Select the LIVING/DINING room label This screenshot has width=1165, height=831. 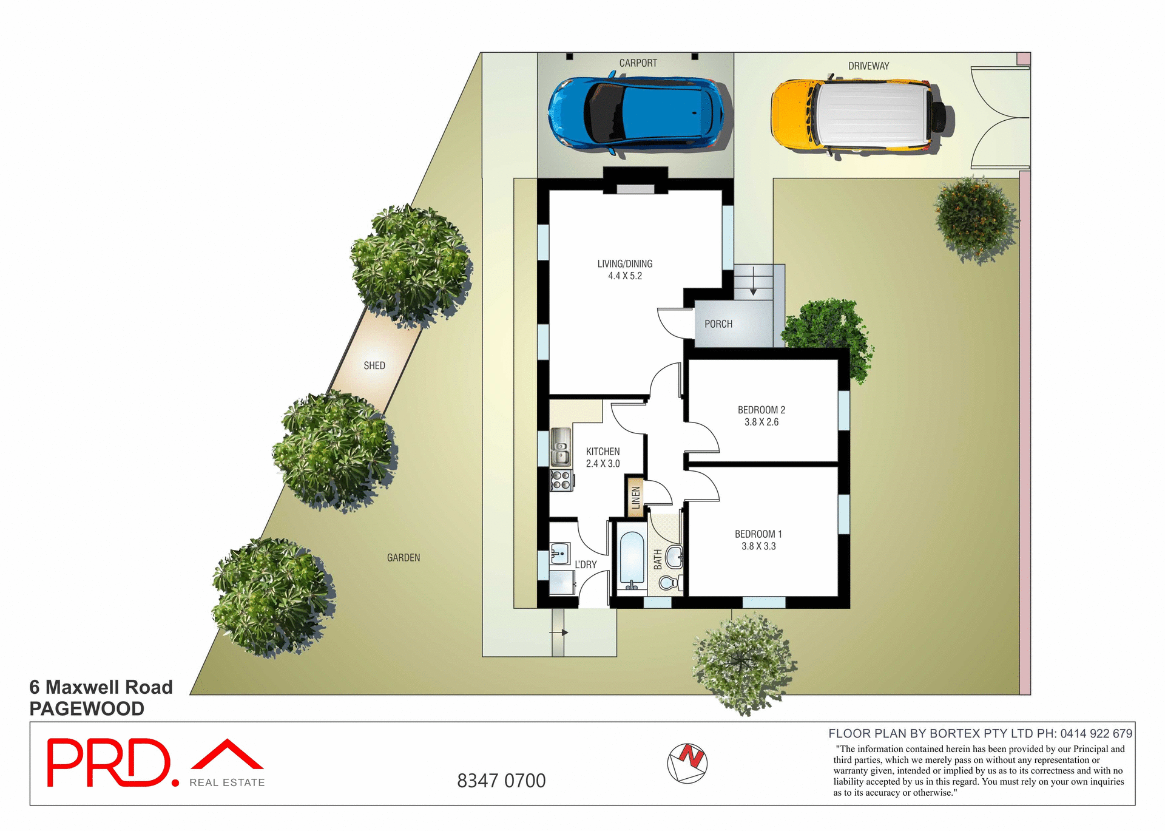(624, 264)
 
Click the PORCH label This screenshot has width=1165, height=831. (718, 324)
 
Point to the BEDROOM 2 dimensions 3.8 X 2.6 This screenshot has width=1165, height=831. (761, 422)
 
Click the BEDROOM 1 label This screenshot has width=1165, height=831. (758, 534)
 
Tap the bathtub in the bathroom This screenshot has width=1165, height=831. (632, 560)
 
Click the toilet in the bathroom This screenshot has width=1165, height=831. (669, 583)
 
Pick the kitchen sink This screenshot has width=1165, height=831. (561, 447)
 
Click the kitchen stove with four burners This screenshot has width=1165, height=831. (561, 480)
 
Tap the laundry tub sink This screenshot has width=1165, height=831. (559, 553)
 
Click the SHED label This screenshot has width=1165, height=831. (374, 365)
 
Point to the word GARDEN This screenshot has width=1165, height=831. (404, 558)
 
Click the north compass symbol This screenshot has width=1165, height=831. (687, 763)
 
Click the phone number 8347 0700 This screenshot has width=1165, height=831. (501, 781)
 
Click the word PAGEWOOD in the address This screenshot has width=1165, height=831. (87, 709)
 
